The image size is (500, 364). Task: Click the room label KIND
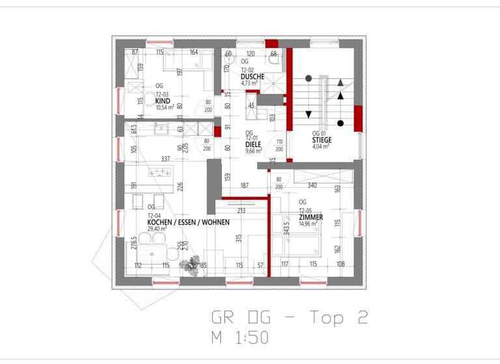pos(163,101)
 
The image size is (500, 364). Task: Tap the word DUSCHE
pos(253,76)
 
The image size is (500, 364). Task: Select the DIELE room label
pos(253,144)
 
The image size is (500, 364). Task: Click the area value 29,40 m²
pos(158,229)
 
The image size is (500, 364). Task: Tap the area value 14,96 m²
pos(307,224)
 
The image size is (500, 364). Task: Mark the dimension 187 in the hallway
pos(245,186)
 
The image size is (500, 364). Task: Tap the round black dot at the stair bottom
pos(340,123)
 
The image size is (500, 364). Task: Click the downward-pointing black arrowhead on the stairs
pos(309,114)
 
